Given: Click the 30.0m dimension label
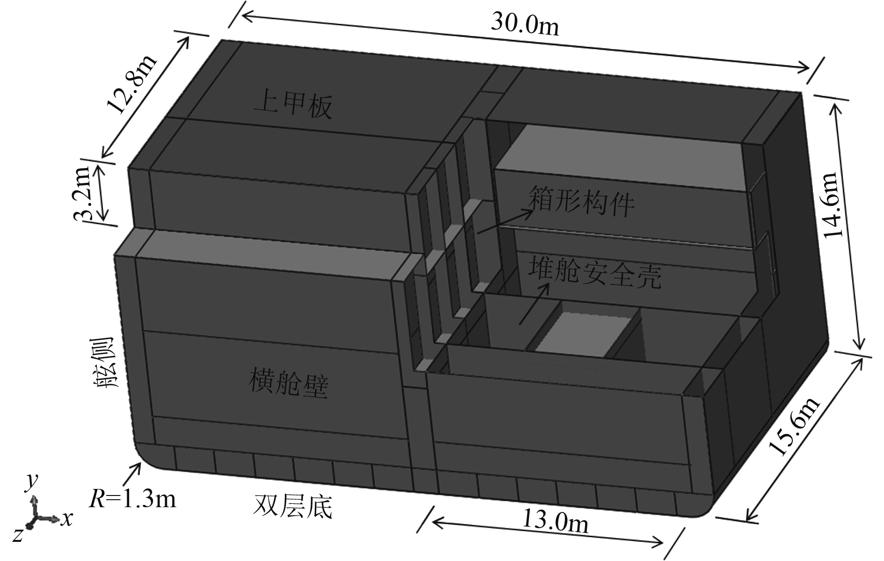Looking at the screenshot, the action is (x=525, y=25).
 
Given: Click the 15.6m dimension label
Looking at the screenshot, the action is (x=794, y=427).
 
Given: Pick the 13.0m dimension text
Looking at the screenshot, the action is (x=555, y=522).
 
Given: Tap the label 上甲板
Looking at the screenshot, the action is (x=293, y=107).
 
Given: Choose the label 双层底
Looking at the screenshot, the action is (x=293, y=507).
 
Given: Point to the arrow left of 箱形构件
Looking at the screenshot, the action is (x=505, y=221).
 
